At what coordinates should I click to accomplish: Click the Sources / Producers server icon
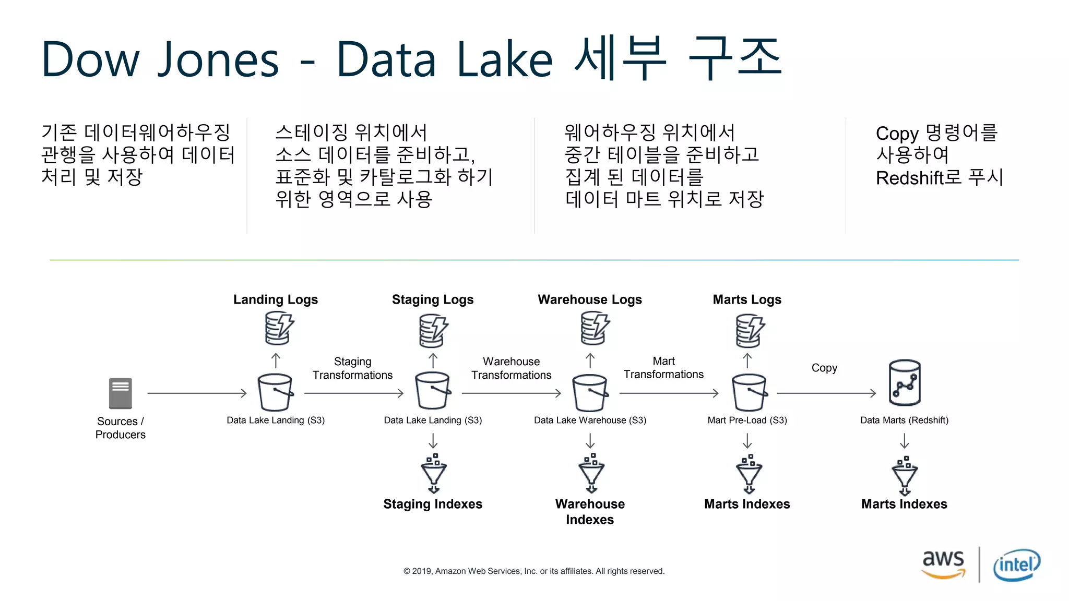(120, 393)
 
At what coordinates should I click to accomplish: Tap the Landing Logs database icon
(278, 328)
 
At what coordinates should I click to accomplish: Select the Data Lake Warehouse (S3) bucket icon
(590, 393)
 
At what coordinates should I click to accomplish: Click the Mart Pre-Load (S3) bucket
(749, 393)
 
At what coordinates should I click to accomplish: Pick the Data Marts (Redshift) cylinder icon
(904, 383)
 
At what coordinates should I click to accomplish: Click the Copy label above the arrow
(824, 368)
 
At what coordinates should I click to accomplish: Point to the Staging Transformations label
(352, 368)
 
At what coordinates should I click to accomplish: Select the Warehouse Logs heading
(590, 299)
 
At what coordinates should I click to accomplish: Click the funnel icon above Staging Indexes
(433, 474)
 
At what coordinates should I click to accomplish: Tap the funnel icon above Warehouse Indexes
(591, 474)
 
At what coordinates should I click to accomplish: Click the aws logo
(943, 563)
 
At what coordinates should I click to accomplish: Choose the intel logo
(1016, 564)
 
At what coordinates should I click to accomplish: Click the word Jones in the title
(219, 59)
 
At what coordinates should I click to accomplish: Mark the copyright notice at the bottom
(533, 571)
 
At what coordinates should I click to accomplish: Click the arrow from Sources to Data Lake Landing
(197, 393)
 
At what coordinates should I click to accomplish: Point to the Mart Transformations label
(663, 368)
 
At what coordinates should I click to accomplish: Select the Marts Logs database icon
(750, 330)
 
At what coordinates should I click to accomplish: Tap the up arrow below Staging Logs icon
(433, 360)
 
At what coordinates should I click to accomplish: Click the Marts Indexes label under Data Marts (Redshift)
(904, 504)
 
